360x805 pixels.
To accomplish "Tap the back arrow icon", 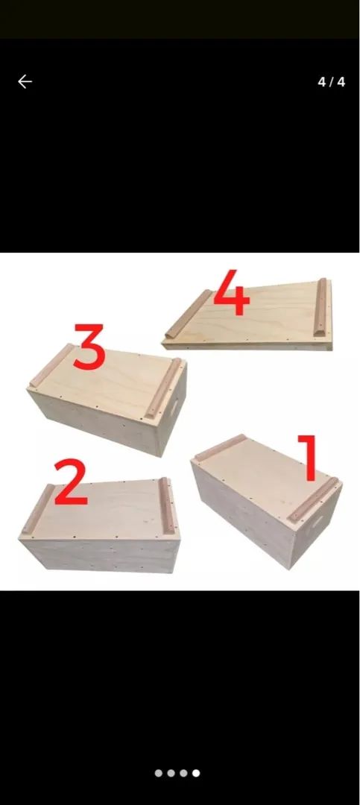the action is click(x=25, y=82).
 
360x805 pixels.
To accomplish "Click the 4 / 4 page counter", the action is click(x=331, y=82).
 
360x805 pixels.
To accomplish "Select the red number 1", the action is click(x=308, y=458).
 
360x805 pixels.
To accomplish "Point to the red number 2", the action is click(x=70, y=482).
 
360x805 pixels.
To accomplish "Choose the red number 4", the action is click(x=231, y=292).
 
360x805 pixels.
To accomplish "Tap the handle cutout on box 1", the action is click(x=316, y=522).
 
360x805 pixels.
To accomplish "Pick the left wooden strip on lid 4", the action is click(x=189, y=314).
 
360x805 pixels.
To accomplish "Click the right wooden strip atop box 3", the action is click(x=162, y=388).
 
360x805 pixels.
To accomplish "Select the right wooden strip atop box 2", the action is click(x=165, y=505).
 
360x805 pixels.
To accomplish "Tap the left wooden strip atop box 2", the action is click(x=37, y=509).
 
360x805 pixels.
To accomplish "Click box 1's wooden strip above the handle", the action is click(x=313, y=500).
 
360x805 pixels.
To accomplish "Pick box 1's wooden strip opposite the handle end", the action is click(x=221, y=447).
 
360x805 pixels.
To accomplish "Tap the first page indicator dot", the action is click(x=159, y=773).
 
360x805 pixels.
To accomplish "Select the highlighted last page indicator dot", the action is click(x=196, y=773).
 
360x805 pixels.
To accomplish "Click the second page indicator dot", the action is click(x=171, y=773).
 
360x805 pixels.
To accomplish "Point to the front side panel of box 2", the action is click(x=100, y=555).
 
